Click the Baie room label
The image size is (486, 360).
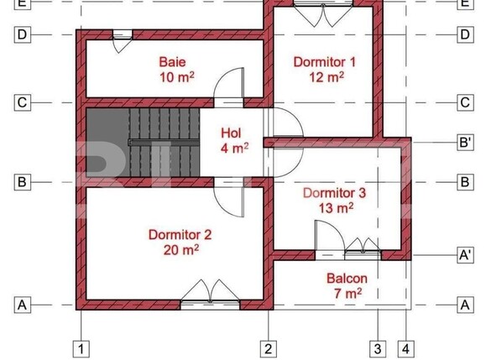point(173,62)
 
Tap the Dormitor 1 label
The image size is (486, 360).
point(324,62)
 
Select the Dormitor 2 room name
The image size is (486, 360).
point(180,234)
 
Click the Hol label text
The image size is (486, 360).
point(232,133)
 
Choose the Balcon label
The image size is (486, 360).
point(347,277)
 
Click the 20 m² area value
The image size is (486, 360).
point(180,249)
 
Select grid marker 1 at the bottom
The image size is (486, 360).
point(81,348)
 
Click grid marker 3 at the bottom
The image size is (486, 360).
point(379,348)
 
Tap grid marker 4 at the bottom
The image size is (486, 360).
point(406,348)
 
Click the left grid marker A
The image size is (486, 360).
point(23,305)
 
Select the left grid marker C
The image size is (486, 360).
point(23,102)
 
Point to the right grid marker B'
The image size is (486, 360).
point(464,143)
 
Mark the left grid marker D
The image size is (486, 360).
point(23,34)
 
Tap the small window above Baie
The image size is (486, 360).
point(123,34)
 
